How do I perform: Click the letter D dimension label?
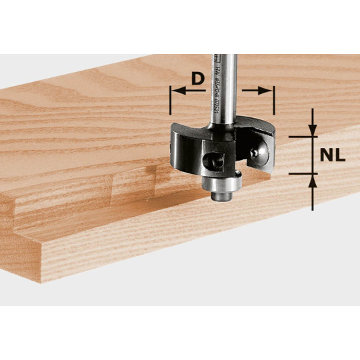coord(197,79)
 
